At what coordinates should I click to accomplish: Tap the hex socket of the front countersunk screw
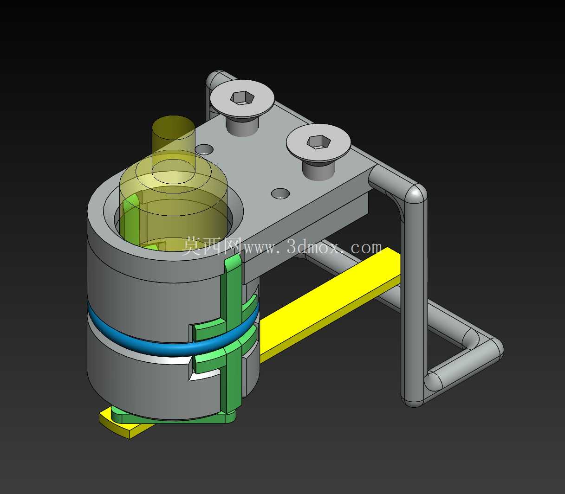coord(318,142)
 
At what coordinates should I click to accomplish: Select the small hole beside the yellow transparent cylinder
coord(204,149)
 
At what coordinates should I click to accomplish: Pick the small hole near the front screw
coord(280,193)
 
